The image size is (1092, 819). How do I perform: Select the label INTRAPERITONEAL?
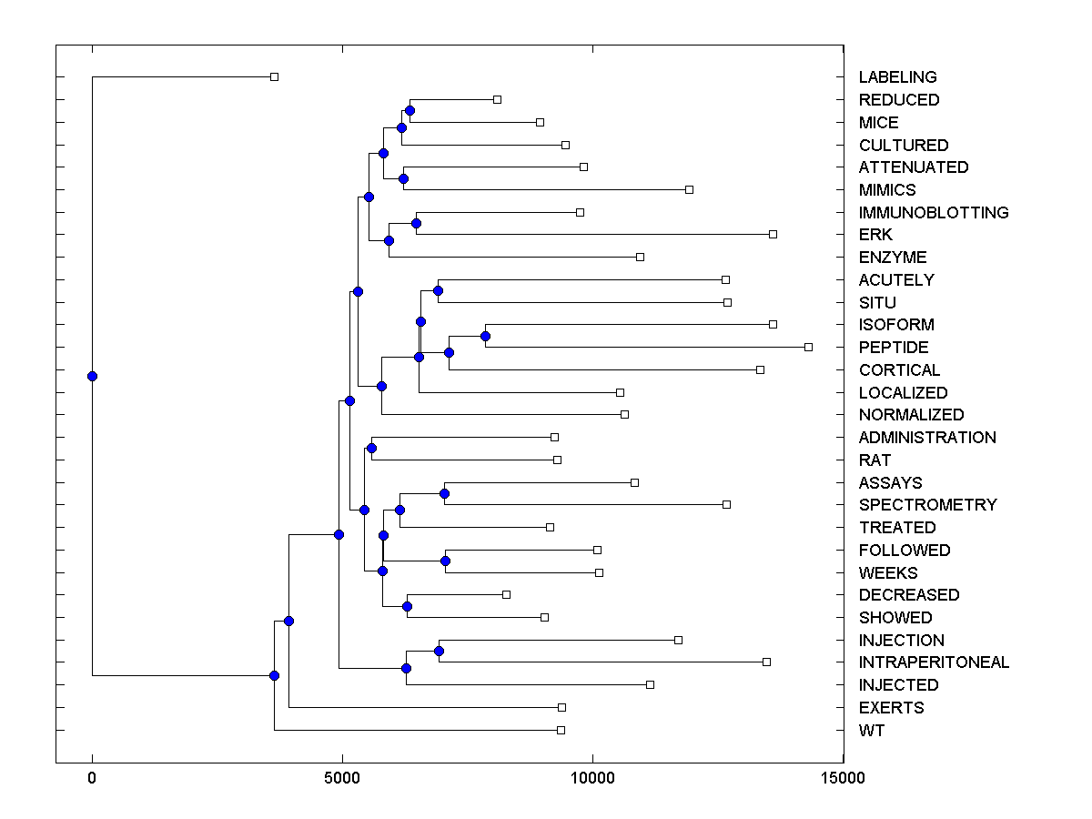click(934, 662)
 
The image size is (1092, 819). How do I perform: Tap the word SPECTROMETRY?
click(927, 505)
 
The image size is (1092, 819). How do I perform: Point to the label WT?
click(871, 731)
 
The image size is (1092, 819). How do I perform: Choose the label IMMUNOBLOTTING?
click(934, 213)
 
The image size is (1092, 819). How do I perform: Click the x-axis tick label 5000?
click(342, 778)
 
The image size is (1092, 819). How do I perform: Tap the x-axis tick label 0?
click(92, 778)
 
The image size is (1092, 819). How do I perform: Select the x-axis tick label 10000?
click(592, 778)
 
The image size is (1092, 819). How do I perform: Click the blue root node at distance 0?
click(92, 376)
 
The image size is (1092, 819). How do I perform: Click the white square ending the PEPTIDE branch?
click(808, 347)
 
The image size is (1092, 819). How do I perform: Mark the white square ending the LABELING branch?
click(274, 76)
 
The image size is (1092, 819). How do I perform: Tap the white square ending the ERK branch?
click(773, 234)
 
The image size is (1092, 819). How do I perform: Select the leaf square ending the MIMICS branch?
click(689, 189)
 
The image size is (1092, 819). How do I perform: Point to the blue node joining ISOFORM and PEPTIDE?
click(485, 337)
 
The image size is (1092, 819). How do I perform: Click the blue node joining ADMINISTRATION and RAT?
click(371, 449)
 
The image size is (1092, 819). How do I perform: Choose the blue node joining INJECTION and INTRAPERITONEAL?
click(439, 651)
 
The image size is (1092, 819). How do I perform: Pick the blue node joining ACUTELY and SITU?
click(438, 291)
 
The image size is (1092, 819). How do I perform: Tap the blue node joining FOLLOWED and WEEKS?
click(446, 561)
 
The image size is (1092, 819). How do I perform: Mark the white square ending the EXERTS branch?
click(561, 707)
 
